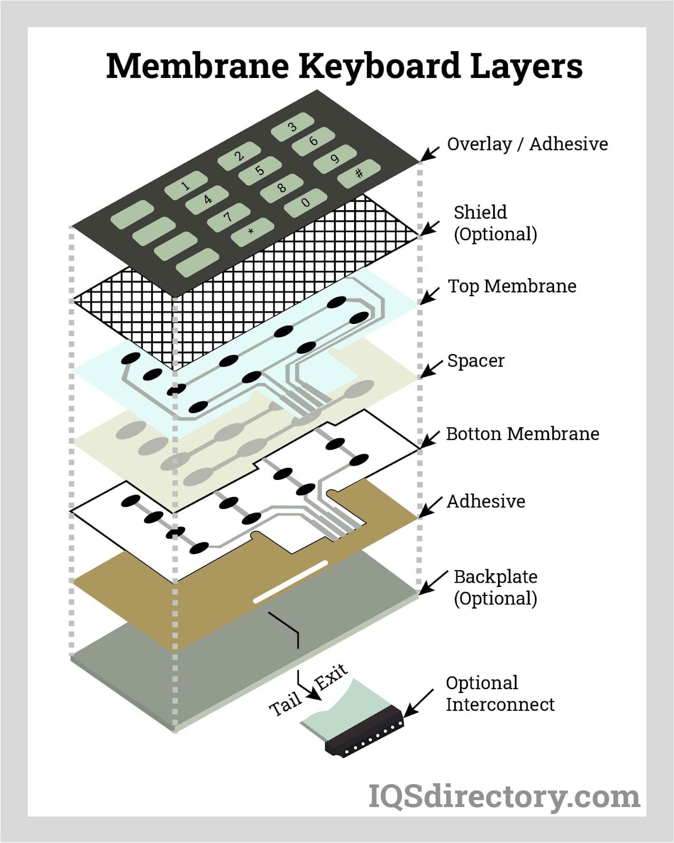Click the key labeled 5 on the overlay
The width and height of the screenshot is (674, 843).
coord(259,171)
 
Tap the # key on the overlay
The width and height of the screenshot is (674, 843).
coord(359,173)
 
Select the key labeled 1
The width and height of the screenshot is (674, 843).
coord(185,185)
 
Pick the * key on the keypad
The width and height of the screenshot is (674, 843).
coord(252,232)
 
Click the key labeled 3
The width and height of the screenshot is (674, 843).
coord(292,126)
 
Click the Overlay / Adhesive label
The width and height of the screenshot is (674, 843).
coord(527,144)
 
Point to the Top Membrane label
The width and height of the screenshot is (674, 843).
coord(512,286)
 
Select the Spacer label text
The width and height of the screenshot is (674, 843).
coord(475,361)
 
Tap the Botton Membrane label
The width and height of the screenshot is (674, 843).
coord(522,434)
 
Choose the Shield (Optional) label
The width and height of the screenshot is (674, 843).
coord(495,223)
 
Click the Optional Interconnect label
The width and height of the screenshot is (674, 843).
coord(500,693)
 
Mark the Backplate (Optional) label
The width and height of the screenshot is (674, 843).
coord(495,587)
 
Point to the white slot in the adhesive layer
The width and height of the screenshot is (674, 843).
coord(290,582)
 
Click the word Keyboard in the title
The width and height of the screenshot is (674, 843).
coord(379,66)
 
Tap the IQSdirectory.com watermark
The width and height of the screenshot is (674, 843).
coord(504,796)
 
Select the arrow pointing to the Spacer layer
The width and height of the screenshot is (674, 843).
coord(431,368)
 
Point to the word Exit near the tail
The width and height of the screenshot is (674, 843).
coord(331,677)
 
